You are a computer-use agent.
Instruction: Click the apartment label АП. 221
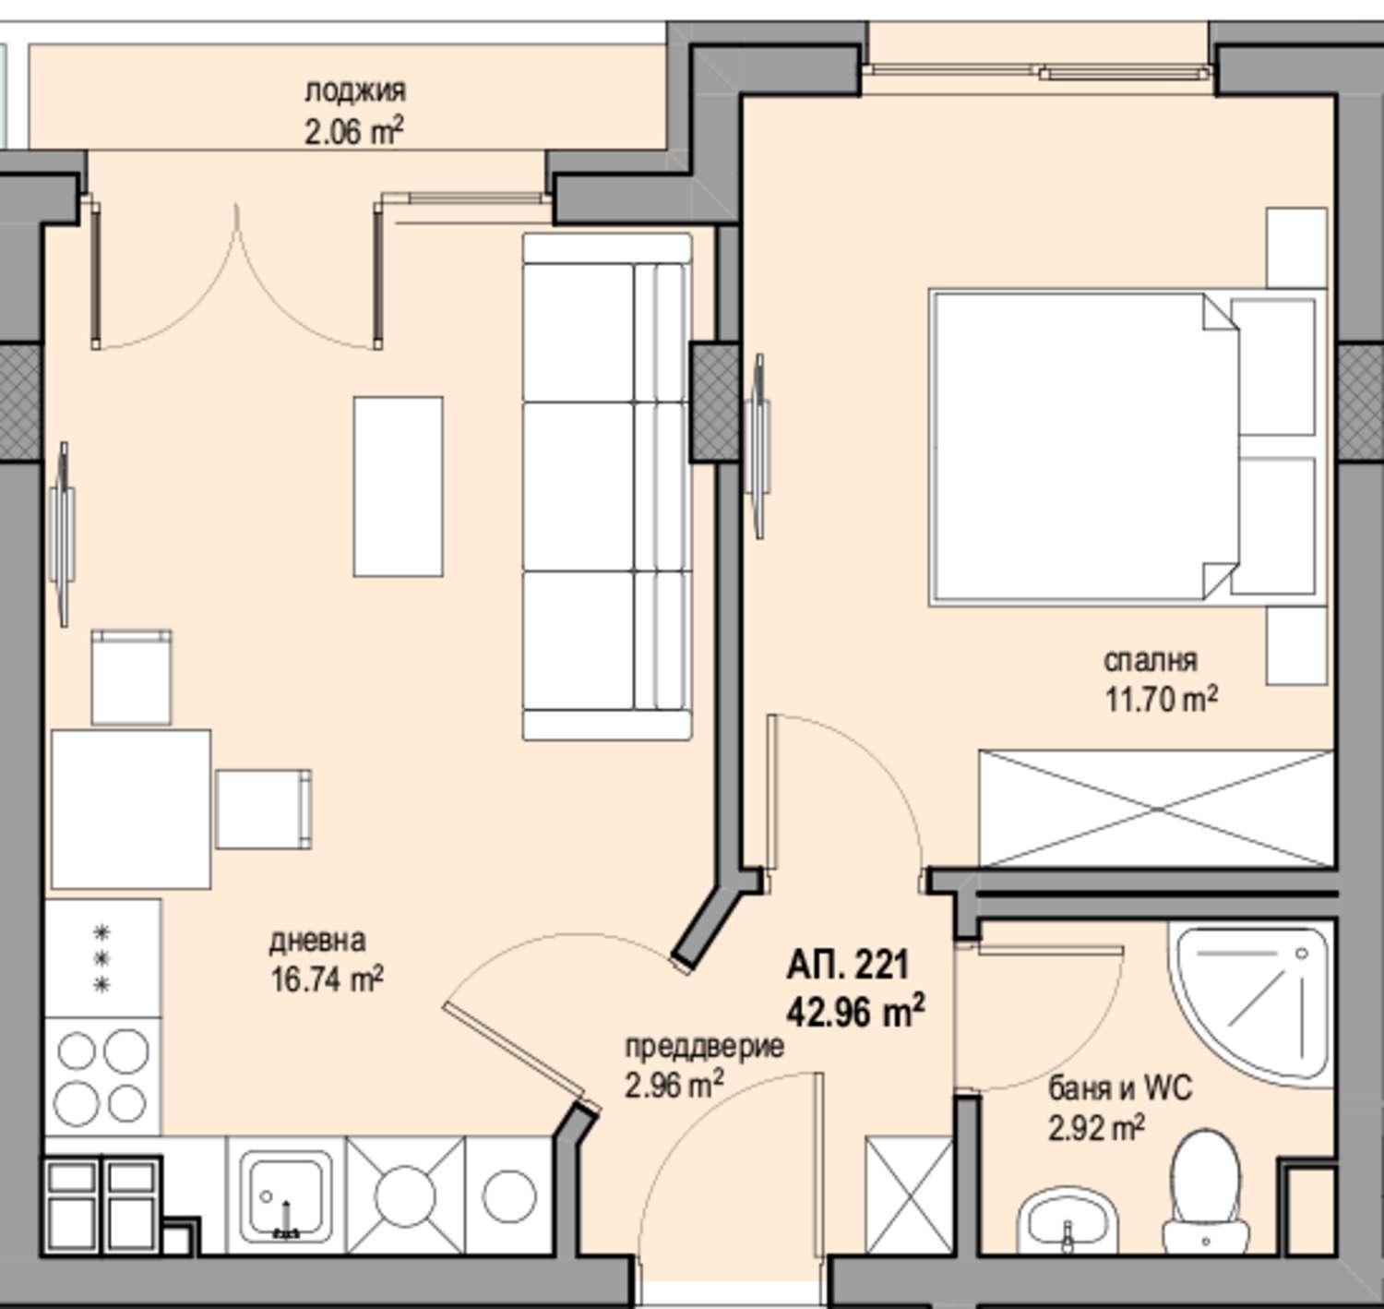848,965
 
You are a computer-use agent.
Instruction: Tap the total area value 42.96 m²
855,1012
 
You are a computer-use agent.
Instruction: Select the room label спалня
1151,660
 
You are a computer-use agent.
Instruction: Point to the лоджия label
355,90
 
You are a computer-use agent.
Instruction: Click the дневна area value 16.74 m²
328,979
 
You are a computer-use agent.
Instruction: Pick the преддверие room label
704,1046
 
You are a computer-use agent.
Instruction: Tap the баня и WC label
1121,1088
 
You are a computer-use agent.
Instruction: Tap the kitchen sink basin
286,1197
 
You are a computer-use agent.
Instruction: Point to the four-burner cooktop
102,1075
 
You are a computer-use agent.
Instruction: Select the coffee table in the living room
398,486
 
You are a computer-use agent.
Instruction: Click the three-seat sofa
607,486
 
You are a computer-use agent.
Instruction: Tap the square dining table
131,809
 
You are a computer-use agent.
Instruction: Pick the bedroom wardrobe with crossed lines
1157,809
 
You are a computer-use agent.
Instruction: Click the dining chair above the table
132,677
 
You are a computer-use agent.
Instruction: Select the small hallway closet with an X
909,1195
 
